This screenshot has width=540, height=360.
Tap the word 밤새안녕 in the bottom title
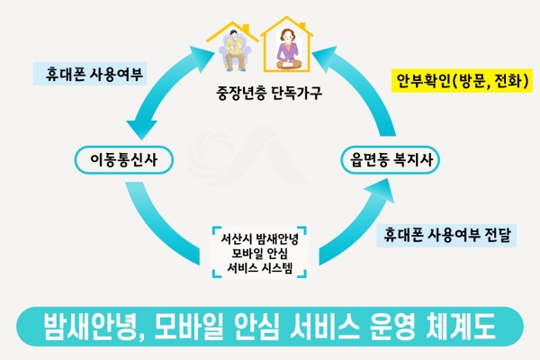coord(85,325)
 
